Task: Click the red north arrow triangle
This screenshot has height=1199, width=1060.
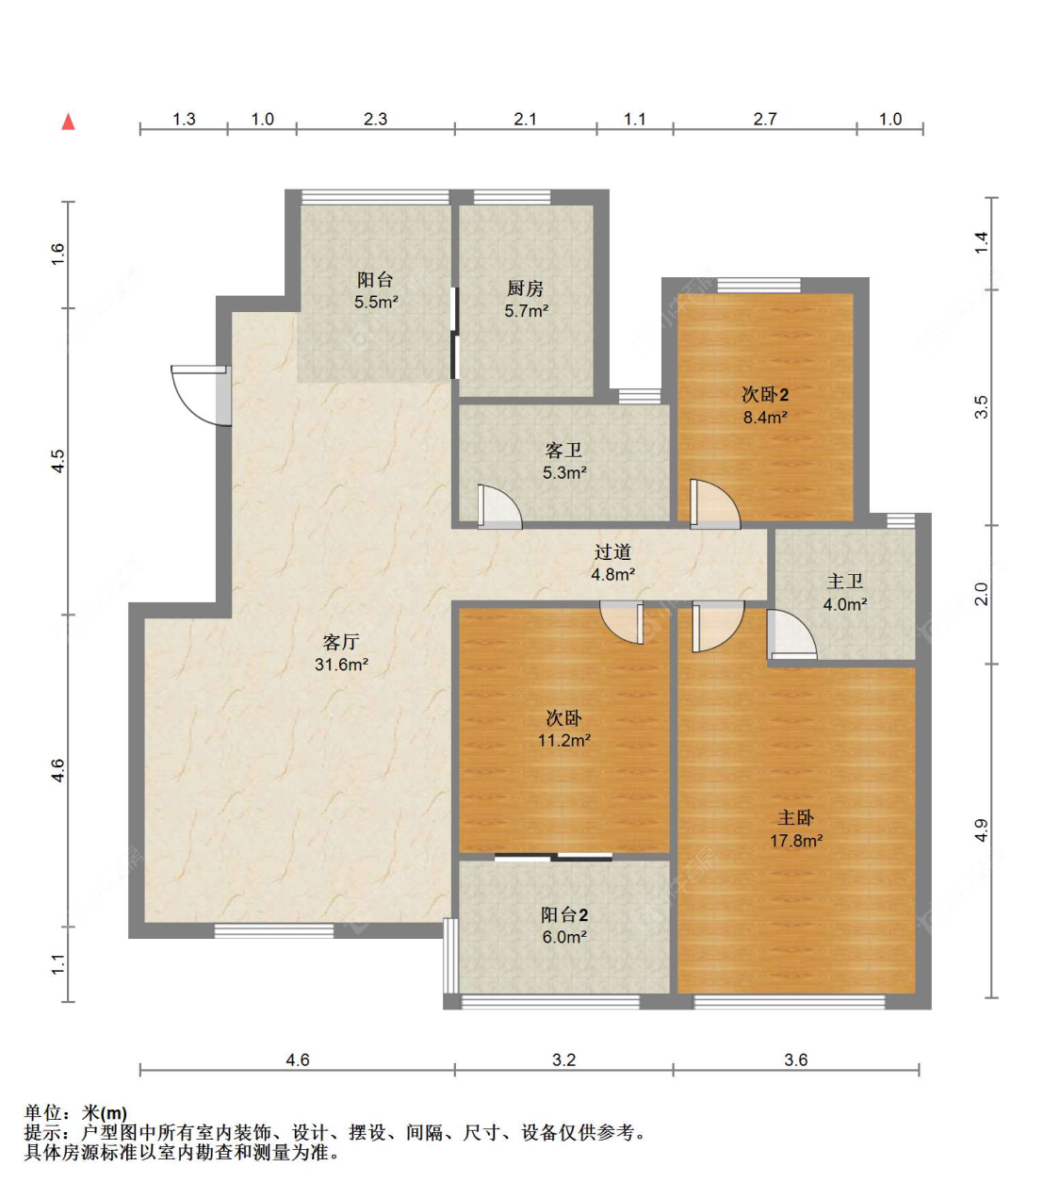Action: tap(69, 122)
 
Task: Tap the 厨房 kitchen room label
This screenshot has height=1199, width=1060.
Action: tap(525, 288)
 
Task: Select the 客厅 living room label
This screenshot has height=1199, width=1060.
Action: tap(341, 642)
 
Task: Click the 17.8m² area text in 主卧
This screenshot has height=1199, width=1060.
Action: tap(796, 841)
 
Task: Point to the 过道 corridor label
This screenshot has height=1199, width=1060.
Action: tap(612, 552)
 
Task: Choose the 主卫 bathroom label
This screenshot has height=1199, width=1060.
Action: tap(844, 582)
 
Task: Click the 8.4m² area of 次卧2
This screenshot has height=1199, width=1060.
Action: tap(765, 418)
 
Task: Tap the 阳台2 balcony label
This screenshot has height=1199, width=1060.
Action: tap(564, 915)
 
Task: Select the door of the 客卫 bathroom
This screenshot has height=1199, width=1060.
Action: tap(499, 506)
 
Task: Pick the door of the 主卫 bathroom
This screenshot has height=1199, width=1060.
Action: tap(792, 634)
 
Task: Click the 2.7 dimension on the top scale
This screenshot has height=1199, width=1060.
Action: tap(765, 120)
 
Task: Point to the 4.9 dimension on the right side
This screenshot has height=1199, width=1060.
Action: tap(981, 830)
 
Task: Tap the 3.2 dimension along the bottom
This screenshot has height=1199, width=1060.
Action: tap(563, 1059)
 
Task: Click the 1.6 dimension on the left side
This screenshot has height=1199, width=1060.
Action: tap(57, 254)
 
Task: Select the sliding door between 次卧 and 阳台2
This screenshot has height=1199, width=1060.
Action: tap(553, 856)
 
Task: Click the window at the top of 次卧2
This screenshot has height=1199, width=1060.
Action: tap(758, 286)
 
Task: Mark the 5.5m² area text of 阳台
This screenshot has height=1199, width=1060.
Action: tap(376, 302)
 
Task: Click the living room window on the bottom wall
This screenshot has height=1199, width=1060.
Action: tap(274, 931)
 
